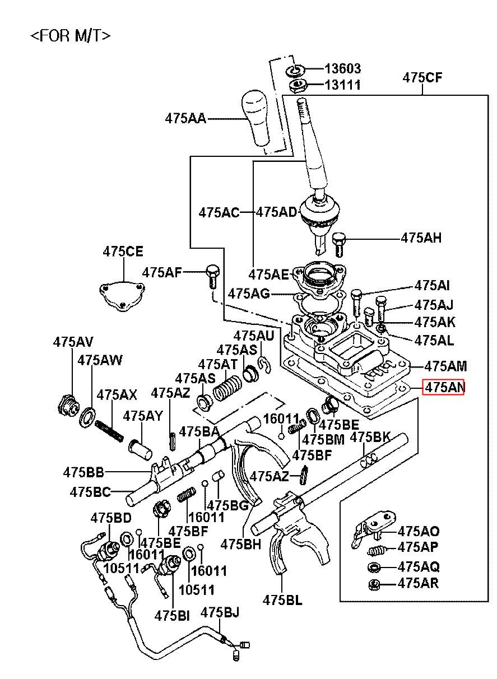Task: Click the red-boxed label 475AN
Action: coord(443,387)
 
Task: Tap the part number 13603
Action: coord(342,69)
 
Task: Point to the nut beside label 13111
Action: coord(297,86)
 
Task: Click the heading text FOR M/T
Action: coord(70,36)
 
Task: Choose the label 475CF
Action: coord(422,78)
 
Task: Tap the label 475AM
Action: coord(445,366)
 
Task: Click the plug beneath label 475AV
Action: coord(67,404)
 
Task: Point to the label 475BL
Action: coord(282,600)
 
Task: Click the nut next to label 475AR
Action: coord(374,585)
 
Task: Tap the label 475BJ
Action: coord(220,612)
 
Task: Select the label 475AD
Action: coord(276,212)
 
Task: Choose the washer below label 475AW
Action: coord(88,417)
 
